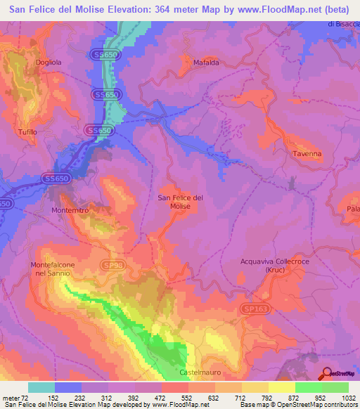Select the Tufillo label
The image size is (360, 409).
tap(28, 132)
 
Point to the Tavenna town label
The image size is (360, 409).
tap(307, 154)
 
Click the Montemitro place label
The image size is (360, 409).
tap(71, 210)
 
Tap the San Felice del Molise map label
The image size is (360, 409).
tap(181, 202)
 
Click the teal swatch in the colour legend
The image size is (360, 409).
tap(41, 387)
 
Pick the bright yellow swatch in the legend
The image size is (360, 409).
tap(281, 387)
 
